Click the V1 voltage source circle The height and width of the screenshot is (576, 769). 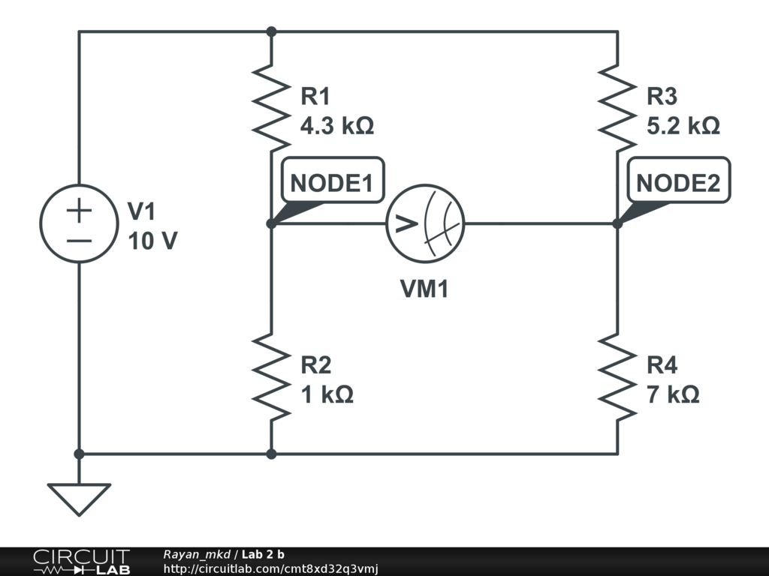pyautogui.click(x=79, y=223)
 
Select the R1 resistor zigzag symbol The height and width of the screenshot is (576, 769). pyautogui.click(x=271, y=105)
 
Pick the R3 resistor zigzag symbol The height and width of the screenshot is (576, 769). pyautogui.click(x=617, y=105)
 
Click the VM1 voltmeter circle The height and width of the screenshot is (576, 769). pyautogui.click(x=425, y=223)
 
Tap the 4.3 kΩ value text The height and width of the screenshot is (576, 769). pyautogui.click(x=336, y=125)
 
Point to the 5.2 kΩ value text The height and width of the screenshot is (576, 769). pyautogui.click(x=683, y=125)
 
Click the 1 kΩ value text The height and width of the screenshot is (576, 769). pyautogui.click(x=327, y=394)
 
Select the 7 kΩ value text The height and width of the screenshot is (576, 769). pyautogui.click(x=673, y=394)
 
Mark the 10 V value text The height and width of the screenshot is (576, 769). pyautogui.click(x=152, y=241)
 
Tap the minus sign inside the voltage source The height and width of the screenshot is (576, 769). pyautogui.click(x=79, y=241)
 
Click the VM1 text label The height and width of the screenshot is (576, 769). pyautogui.click(x=424, y=289)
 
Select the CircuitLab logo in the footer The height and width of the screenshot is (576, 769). pyautogui.click(x=80, y=562)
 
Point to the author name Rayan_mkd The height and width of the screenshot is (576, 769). pyautogui.click(x=197, y=554)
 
